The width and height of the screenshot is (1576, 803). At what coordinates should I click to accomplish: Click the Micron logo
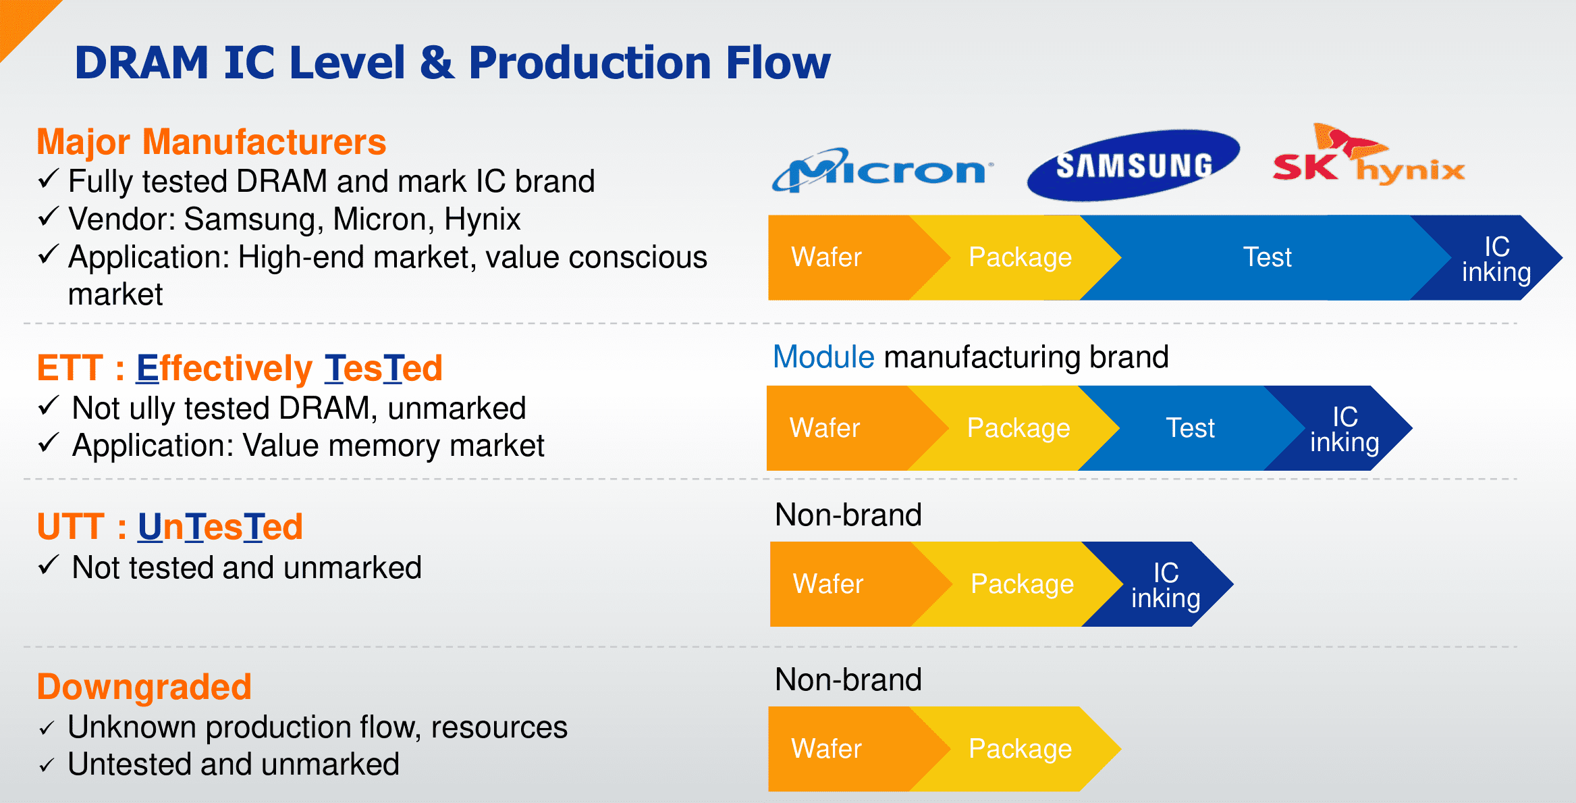[x=883, y=170]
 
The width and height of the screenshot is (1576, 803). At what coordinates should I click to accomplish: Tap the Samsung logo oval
[x=1133, y=165]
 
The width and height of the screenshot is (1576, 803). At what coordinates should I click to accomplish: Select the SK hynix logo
[x=1368, y=159]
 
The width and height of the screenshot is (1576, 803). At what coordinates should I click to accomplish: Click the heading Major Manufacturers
[x=211, y=142]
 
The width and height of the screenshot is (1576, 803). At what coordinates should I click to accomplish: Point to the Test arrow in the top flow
[x=1267, y=257]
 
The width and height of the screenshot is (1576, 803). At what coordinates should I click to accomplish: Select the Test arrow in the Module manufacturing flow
[x=1190, y=428]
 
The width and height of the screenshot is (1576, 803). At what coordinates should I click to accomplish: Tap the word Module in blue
[x=823, y=357]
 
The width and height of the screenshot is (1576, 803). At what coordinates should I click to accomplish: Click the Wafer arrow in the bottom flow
[x=827, y=749]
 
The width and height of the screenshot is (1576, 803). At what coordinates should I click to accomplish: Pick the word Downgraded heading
[x=144, y=687]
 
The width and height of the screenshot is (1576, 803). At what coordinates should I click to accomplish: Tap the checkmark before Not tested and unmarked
[x=49, y=566]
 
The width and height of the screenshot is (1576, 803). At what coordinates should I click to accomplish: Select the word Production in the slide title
[x=590, y=63]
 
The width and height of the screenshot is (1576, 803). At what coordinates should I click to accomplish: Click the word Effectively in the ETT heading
[x=224, y=368]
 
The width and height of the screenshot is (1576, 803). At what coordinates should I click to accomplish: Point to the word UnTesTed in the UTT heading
[x=221, y=527]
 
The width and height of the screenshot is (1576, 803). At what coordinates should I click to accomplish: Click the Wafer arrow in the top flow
[x=827, y=257]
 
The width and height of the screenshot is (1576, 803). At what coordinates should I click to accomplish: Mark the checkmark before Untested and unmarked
[x=47, y=766]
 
